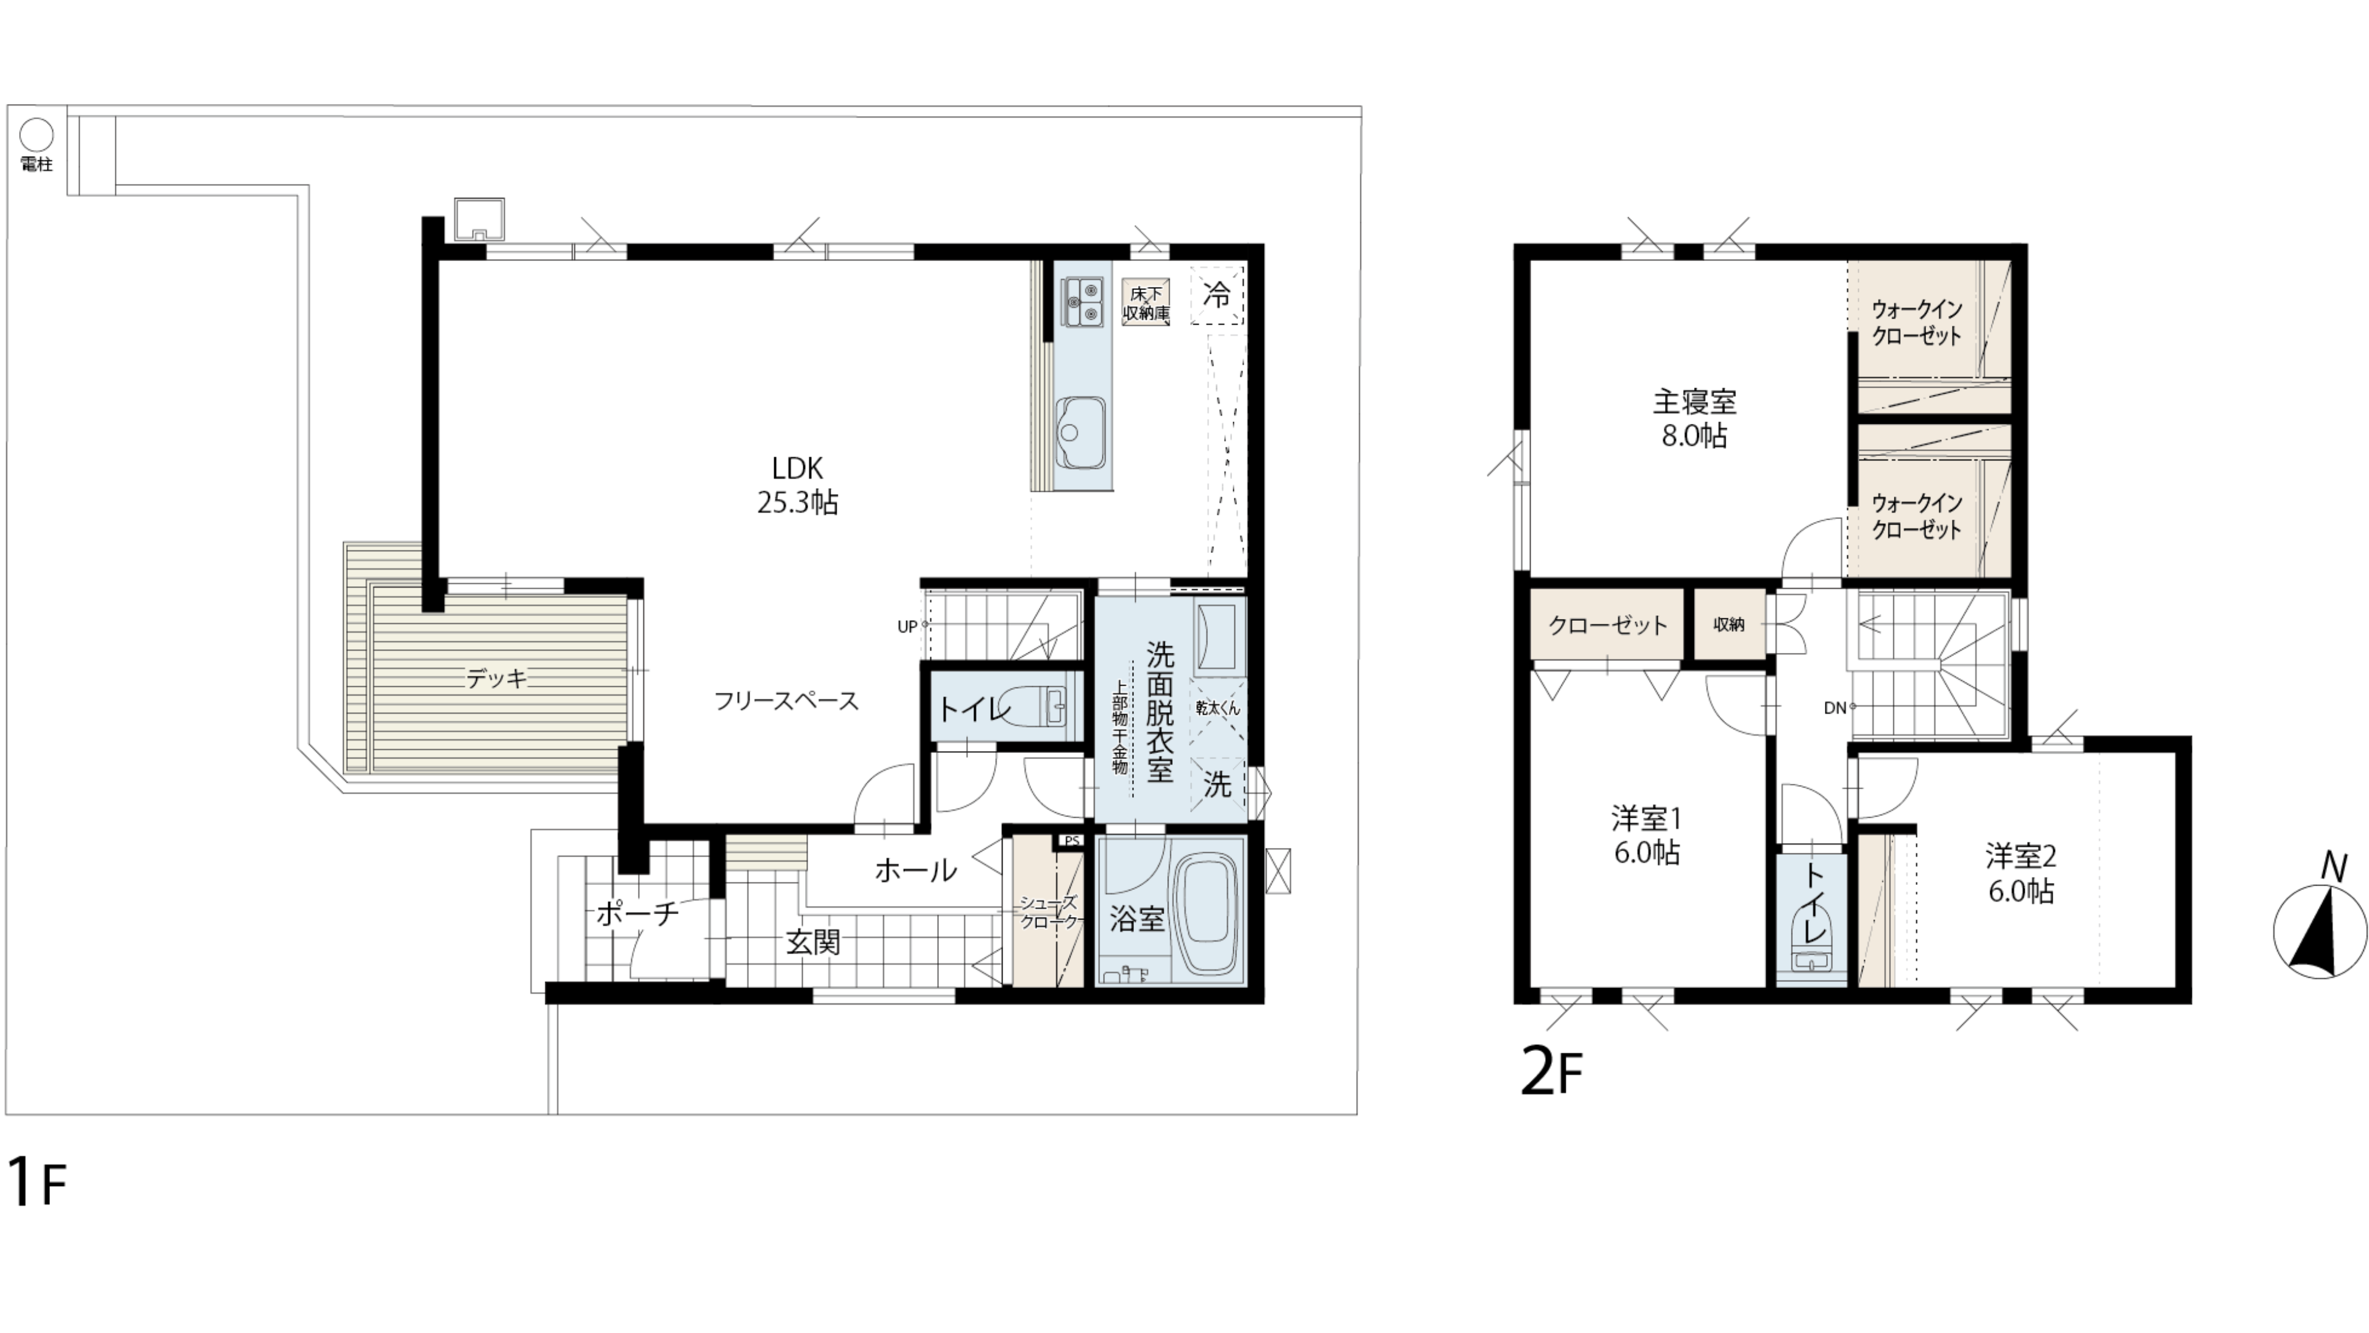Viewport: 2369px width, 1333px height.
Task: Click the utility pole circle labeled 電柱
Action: pyautogui.click(x=37, y=135)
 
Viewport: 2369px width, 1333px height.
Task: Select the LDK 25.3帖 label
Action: pyautogui.click(x=797, y=486)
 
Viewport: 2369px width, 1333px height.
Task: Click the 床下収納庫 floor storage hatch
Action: pyautogui.click(x=1146, y=302)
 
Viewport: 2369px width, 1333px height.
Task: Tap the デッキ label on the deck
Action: pyautogui.click(x=497, y=679)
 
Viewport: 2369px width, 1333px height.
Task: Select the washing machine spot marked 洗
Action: pyautogui.click(x=1218, y=785)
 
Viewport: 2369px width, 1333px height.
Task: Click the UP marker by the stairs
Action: pyautogui.click(x=907, y=626)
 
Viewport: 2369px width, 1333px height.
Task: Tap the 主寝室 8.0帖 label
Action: pyautogui.click(x=1694, y=418)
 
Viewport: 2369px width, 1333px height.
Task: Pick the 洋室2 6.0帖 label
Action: pyautogui.click(x=2020, y=874)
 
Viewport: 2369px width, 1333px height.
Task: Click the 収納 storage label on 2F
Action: pyautogui.click(x=1729, y=625)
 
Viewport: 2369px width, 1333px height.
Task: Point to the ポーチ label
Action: pyautogui.click(x=637, y=913)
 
